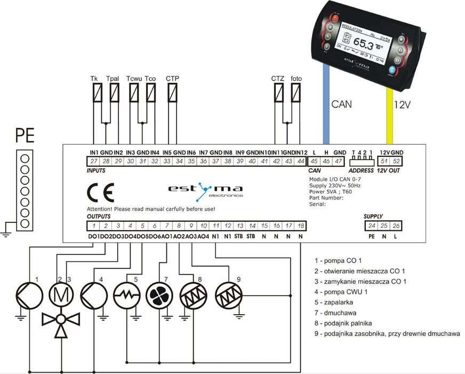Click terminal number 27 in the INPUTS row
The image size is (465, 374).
[x=94, y=161]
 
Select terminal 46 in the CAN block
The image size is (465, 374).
[x=327, y=161]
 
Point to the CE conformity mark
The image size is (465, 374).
[x=100, y=192]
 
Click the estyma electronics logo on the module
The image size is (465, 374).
[x=205, y=190]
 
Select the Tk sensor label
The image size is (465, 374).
[x=94, y=79]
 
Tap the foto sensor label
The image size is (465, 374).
[x=296, y=79]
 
